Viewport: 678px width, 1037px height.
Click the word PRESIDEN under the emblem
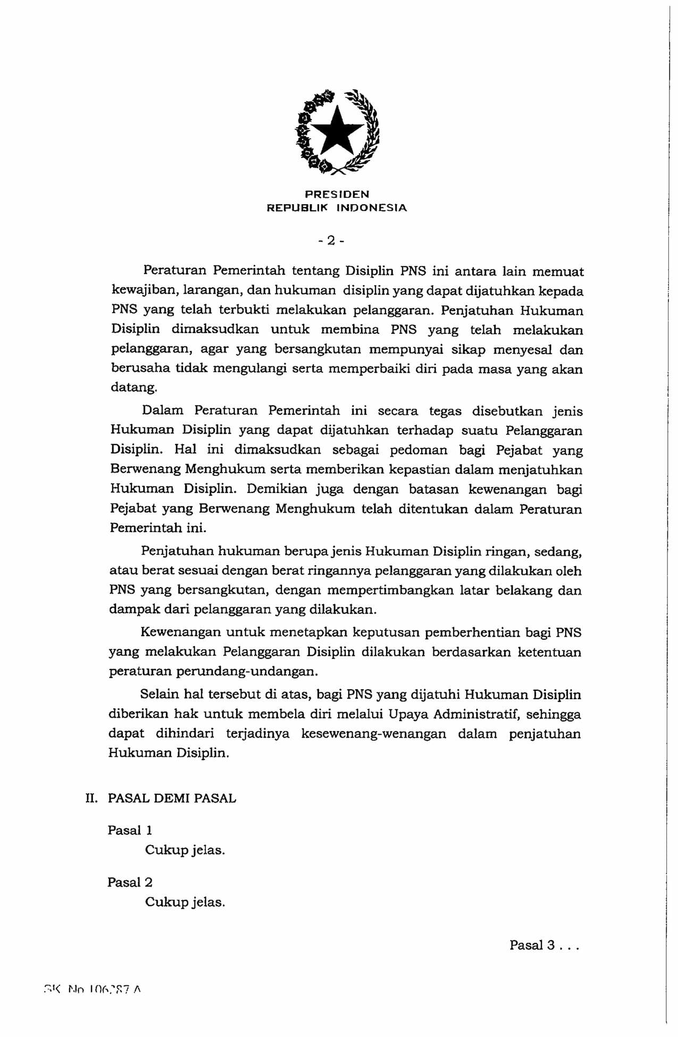(337, 195)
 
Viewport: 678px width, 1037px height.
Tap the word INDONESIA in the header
(372, 208)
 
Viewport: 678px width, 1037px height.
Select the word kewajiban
(138, 291)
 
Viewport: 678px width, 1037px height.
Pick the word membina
(349, 330)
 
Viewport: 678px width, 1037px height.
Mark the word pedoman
(419, 450)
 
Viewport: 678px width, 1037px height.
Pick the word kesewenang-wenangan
(374, 734)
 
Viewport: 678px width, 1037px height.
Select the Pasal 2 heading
(130, 882)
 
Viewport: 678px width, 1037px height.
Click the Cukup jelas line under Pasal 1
(185, 850)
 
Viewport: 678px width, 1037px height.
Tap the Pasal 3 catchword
(543, 945)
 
